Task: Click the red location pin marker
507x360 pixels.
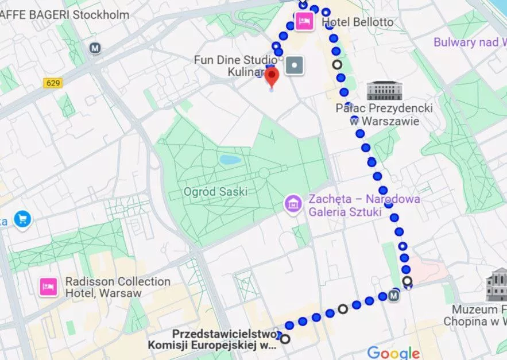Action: (x=272, y=77)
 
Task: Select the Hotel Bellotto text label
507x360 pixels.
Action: (x=358, y=22)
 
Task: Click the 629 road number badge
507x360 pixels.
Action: (x=52, y=83)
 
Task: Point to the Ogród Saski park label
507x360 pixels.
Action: (x=215, y=192)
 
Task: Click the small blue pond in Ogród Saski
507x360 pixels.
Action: (x=230, y=160)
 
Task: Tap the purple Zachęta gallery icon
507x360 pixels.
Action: (x=293, y=203)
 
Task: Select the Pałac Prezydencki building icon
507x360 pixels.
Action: (x=384, y=91)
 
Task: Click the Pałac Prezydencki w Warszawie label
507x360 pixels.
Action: (x=384, y=115)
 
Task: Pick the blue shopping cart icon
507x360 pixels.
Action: (x=22, y=219)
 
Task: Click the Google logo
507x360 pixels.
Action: (x=393, y=353)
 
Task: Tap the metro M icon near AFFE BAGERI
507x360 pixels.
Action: (x=95, y=49)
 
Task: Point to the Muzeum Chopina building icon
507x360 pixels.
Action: (x=496, y=285)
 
